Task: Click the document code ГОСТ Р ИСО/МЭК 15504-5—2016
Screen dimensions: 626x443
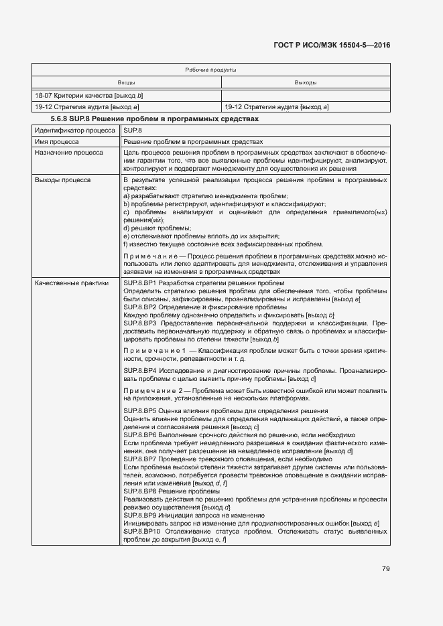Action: pyautogui.click(x=332, y=45)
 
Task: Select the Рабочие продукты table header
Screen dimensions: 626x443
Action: pyautogui.click(x=210, y=70)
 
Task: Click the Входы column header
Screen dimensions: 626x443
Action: pyautogui.click(x=126, y=82)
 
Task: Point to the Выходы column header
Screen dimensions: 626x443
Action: pyautogui.click(x=306, y=82)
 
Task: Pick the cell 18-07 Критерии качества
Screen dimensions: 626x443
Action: pyautogui.click(x=89, y=95)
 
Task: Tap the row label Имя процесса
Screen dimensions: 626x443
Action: pyautogui.click(x=57, y=142)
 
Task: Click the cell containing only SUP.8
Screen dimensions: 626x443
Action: pyautogui.click(x=133, y=131)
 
